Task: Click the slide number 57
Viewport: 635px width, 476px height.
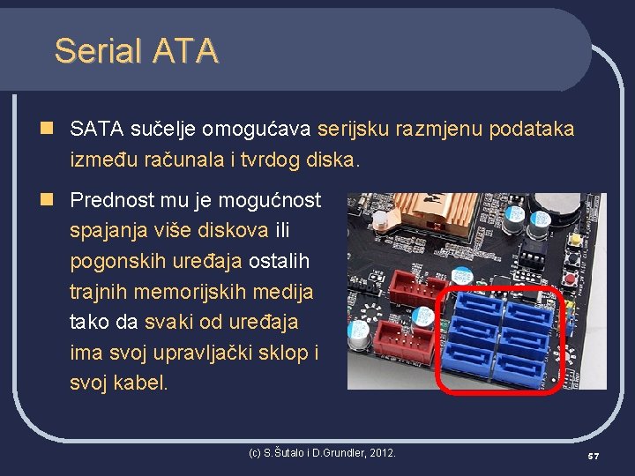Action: point(593,456)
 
